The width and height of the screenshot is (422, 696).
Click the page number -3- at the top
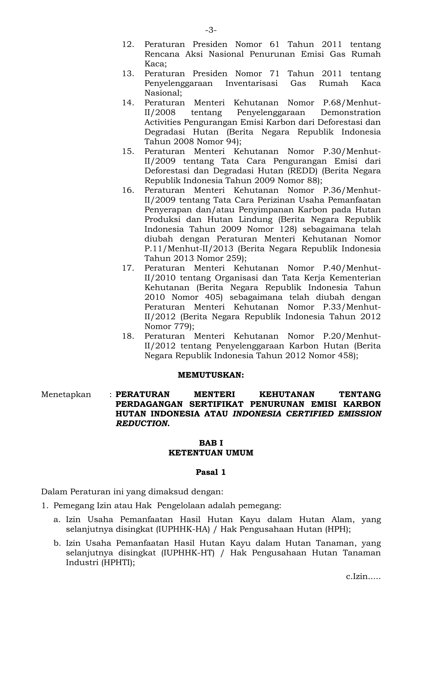tap(211, 30)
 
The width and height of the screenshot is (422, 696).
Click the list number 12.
tap(128, 44)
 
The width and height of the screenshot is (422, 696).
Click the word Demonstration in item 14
tap(350, 112)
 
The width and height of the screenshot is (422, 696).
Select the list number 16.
tap(128, 190)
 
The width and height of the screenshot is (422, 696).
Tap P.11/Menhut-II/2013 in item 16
tap(189, 249)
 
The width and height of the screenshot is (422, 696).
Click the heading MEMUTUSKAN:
tap(211, 375)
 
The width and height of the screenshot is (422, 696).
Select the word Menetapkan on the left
tap(66, 395)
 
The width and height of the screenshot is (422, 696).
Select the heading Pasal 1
tap(211, 473)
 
